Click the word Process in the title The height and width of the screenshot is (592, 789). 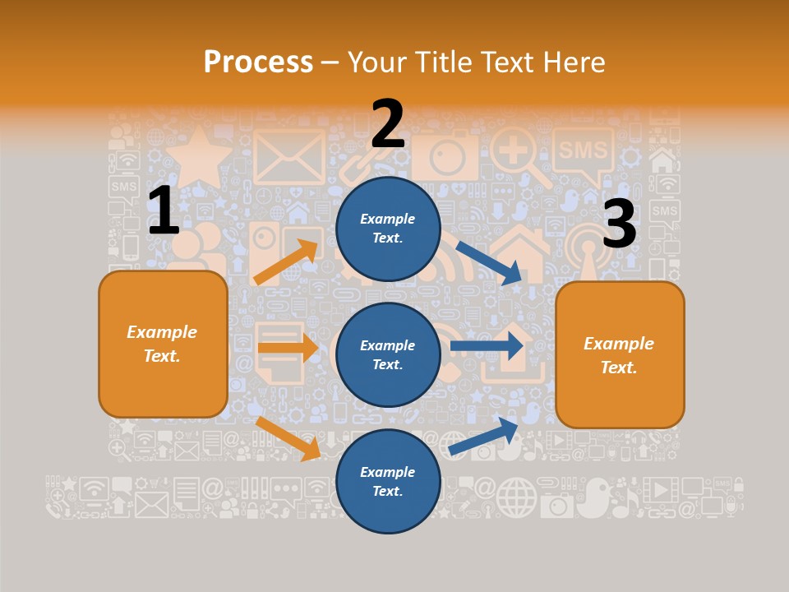pyautogui.click(x=258, y=62)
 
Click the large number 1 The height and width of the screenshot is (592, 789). pyautogui.click(x=164, y=210)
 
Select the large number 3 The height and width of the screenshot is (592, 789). pyautogui.click(x=619, y=224)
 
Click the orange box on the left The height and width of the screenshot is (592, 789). pyautogui.click(x=163, y=344)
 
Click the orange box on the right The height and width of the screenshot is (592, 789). pyautogui.click(x=620, y=354)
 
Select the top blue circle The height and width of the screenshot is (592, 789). pyautogui.click(x=388, y=229)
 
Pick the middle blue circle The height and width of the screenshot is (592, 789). pyautogui.click(x=388, y=354)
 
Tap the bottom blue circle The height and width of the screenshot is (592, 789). pyautogui.click(x=388, y=481)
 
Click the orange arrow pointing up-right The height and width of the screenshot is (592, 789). pyautogui.click(x=286, y=261)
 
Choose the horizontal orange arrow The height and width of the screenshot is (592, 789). pyautogui.click(x=287, y=348)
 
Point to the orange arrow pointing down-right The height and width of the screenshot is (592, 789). pyautogui.click(x=288, y=437)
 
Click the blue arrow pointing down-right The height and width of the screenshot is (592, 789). pyautogui.click(x=490, y=264)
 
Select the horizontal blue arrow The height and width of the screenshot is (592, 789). pyautogui.click(x=487, y=346)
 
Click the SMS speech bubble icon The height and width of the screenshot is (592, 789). pyautogui.click(x=583, y=152)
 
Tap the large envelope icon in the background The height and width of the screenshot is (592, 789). pyautogui.click(x=289, y=156)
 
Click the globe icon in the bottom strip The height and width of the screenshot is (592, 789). pyautogui.click(x=516, y=497)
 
